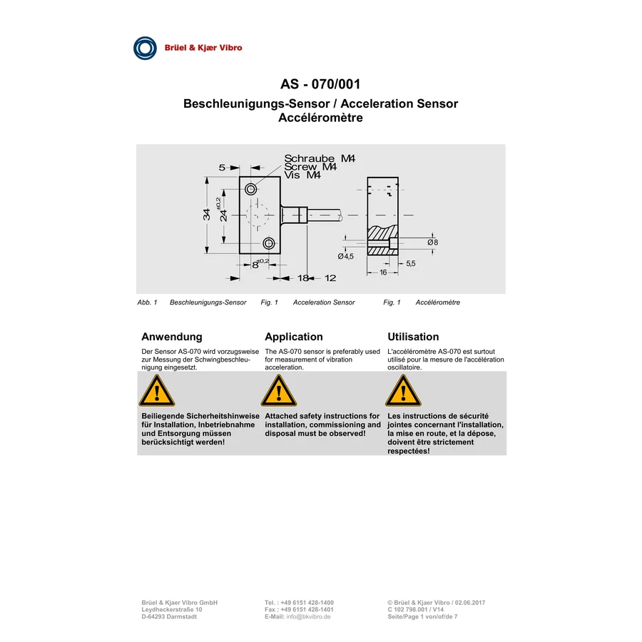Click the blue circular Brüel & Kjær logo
(x=145, y=48)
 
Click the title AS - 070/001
(x=320, y=84)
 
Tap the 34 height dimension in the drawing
(x=207, y=214)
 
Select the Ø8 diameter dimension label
(x=433, y=243)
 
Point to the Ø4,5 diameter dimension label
(x=345, y=256)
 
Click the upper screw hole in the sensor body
(x=251, y=189)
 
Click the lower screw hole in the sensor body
(x=269, y=244)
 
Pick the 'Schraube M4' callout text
(x=320, y=158)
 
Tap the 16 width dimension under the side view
(x=383, y=272)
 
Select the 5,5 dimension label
(x=411, y=264)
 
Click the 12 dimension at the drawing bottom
(x=330, y=278)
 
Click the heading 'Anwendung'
(x=172, y=337)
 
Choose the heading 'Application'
(x=294, y=337)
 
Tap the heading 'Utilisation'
(x=413, y=337)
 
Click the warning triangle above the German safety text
(x=157, y=391)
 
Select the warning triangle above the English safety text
(x=279, y=391)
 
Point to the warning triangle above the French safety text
(x=403, y=391)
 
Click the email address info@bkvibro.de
(x=308, y=616)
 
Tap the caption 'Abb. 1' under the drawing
(x=148, y=302)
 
